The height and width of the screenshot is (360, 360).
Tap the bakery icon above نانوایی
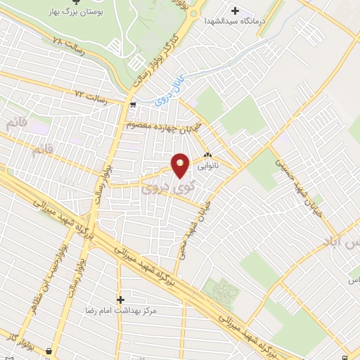pyautogui.click(x=207, y=156)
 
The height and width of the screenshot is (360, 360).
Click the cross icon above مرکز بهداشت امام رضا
pyautogui.click(x=120, y=300)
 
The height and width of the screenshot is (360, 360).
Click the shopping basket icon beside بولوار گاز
pyautogui.click(x=49, y=350)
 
